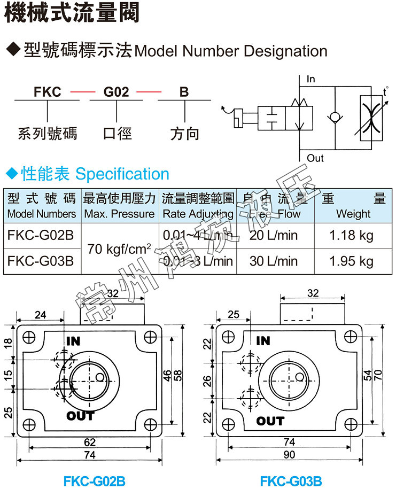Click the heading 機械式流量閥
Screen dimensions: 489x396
point(72,13)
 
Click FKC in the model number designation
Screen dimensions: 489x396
point(47,92)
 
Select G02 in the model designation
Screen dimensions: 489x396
point(116,92)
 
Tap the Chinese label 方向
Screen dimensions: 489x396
point(184,134)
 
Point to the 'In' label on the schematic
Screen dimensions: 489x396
point(311,79)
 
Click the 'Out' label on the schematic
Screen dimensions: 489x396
point(315,158)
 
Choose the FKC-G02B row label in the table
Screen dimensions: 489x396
point(42,236)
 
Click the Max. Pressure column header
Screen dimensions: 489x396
point(120,214)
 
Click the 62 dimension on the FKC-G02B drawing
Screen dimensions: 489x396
point(90,441)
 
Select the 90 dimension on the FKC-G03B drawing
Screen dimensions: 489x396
point(289,455)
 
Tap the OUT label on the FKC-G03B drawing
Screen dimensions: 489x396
point(270,421)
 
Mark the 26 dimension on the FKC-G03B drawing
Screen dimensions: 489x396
point(207,381)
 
